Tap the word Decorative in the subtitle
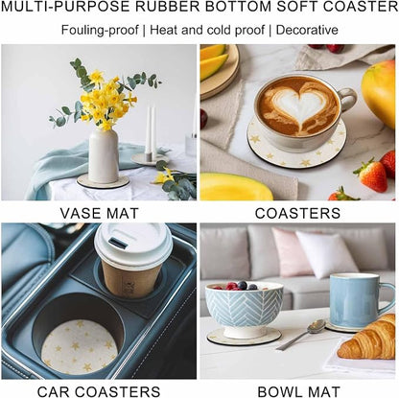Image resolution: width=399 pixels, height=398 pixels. click(307, 30)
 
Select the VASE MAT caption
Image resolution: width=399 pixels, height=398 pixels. click(100, 213)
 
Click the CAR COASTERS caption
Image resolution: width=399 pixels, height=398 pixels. click(99, 391)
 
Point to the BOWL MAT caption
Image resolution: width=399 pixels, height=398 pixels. click(299, 391)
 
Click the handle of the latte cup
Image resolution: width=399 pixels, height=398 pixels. click(348, 100)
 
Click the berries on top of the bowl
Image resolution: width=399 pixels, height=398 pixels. click(241, 285)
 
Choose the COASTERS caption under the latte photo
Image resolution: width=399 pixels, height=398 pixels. click(297, 213)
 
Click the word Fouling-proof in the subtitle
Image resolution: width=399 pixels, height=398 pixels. click(100, 30)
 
